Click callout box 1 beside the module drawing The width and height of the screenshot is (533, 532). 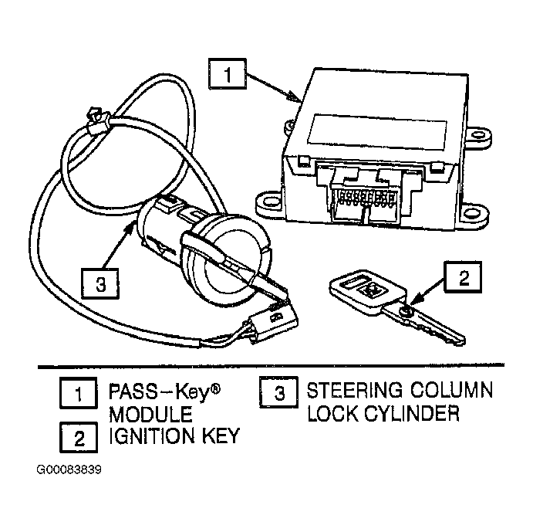click(x=228, y=74)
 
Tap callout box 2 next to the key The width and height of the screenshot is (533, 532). click(x=463, y=276)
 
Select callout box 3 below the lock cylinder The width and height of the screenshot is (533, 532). click(x=100, y=283)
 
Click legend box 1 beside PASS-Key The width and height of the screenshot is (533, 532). click(x=79, y=393)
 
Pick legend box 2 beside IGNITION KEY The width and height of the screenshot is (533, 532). click(x=79, y=437)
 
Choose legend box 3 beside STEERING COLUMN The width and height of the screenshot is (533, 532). click(x=278, y=392)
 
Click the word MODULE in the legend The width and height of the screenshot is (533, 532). click(x=150, y=415)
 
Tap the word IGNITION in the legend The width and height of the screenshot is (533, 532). click(x=152, y=435)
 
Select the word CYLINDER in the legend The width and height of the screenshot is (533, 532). click(x=412, y=413)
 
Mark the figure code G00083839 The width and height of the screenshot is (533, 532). click(x=69, y=469)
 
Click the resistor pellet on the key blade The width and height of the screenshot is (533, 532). click(x=406, y=310)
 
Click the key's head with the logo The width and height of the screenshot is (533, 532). click(x=367, y=292)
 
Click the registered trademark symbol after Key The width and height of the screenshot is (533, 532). click(x=215, y=388)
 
